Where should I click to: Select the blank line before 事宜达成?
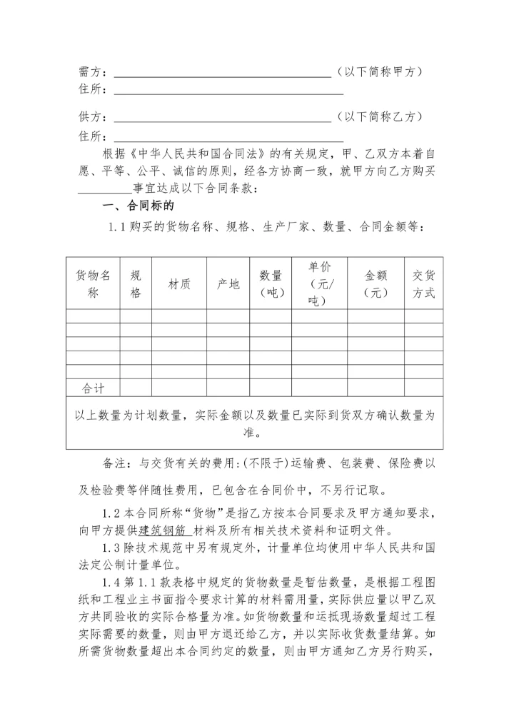tap(105, 189)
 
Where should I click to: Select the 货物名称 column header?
tap(93, 283)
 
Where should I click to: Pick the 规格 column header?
tap(136, 283)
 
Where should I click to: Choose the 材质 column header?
tap(179, 284)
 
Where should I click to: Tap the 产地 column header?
tap(228, 284)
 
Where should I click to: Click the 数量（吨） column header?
tap(271, 283)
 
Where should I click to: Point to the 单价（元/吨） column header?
tap(319, 283)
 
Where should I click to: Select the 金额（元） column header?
tap(376, 283)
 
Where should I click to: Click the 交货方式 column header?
tap(423, 283)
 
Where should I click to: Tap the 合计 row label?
tap(93, 388)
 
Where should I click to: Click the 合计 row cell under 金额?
tap(376, 388)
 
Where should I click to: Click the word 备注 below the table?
tap(116, 464)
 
